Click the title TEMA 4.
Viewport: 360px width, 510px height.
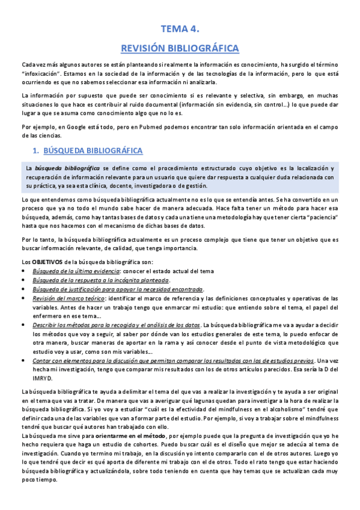(x=180, y=28)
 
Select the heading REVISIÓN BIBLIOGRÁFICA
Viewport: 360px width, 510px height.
(x=180, y=48)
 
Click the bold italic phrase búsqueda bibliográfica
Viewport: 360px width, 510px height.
(x=67, y=168)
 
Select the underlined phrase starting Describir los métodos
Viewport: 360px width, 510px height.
(x=115, y=325)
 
